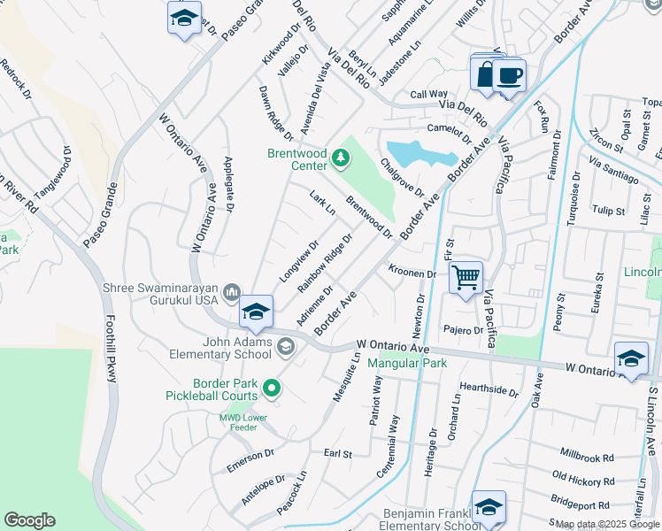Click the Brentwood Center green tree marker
(x=341, y=159)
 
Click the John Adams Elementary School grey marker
(x=286, y=346)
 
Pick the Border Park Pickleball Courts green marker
(x=272, y=387)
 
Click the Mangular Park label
(x=407, y=363)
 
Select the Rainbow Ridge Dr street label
(x=326, y=263)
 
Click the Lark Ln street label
(x=323, y=203)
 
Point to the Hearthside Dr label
(x=489, y=389)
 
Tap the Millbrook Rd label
(x=587, y=454)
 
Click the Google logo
(x=29, y=520)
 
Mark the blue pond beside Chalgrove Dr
(x=421, y=154)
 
